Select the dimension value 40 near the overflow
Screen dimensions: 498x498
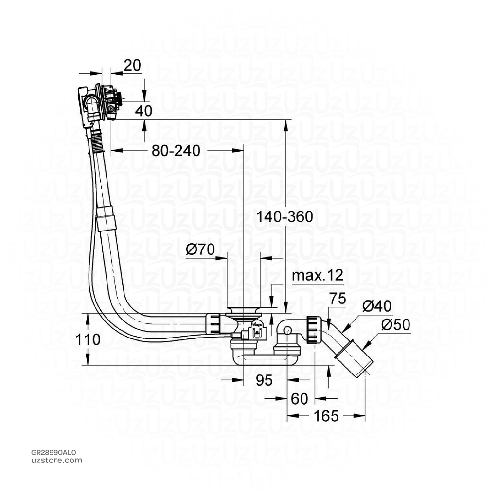(143, 110)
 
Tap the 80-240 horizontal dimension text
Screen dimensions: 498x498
(176, 151)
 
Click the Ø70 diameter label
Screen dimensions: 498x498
(200, 250)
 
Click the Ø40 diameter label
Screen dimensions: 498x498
(377, 305)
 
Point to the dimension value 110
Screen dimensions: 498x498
(88, 339)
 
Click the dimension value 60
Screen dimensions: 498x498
(299, 399)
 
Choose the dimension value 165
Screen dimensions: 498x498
(326, 416)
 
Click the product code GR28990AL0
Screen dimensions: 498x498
(53, 452)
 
